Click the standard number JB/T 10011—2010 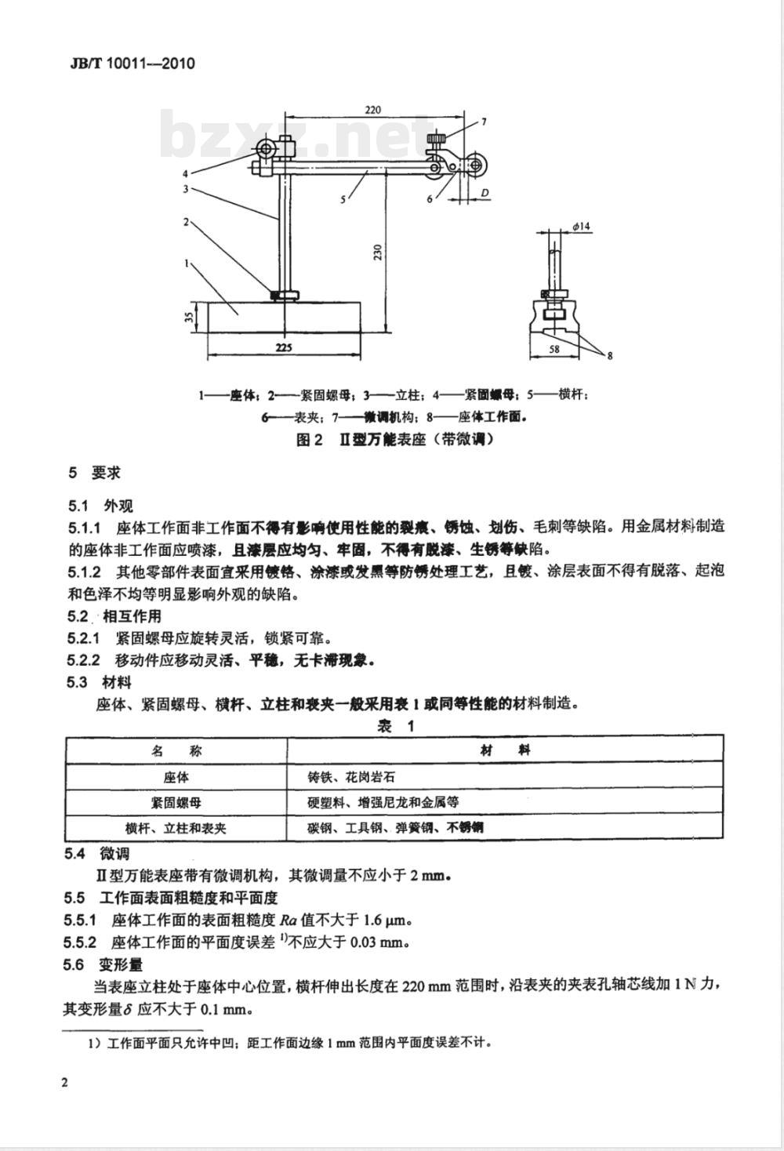[127, 64]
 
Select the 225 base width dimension [284, 347]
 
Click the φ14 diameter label [582, 226]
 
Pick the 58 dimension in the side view [554, 349]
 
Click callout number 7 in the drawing [484, 122]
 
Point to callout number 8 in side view [610, 355]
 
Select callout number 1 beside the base [187, 263]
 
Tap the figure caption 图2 [309, 440]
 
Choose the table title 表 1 [395, 726]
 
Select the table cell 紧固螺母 [176, 802]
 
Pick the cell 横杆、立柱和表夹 [176, 827]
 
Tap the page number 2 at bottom [65, 1083]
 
